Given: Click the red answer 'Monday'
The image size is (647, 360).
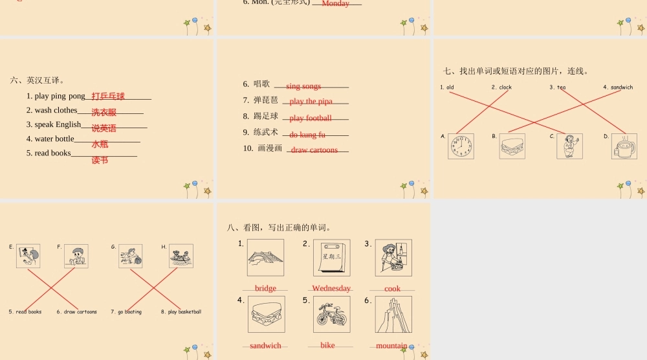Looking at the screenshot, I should point(335,4).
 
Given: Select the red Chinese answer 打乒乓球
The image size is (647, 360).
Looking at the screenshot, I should point(108,96).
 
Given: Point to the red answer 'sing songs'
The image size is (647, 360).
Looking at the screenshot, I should point(303,86).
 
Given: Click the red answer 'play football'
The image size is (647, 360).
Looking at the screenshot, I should point(311,118).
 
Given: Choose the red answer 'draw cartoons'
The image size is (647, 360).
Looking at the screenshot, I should point(314,150).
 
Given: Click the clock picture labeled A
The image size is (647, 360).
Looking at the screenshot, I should point(461,146).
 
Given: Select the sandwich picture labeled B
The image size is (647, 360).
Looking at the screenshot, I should point(512,146).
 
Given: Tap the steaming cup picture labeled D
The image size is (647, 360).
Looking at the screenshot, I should point(624,146).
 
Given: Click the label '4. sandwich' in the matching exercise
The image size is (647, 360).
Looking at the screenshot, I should point(618,87).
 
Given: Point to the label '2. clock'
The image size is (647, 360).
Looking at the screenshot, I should point(501,87).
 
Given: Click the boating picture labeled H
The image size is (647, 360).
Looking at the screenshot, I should point(181,256).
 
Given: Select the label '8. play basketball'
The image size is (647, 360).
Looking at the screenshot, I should point(181,312).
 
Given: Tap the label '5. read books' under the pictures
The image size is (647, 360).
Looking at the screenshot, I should point(25,312).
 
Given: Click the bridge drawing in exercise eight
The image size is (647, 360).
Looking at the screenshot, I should point(265,258).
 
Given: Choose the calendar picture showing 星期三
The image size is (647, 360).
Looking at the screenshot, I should point(331,258).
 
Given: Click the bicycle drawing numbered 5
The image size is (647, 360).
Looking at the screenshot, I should point(331,315).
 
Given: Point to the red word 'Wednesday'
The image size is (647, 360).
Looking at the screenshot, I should point(331,288).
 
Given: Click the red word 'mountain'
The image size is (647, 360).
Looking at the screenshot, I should point(392,346).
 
